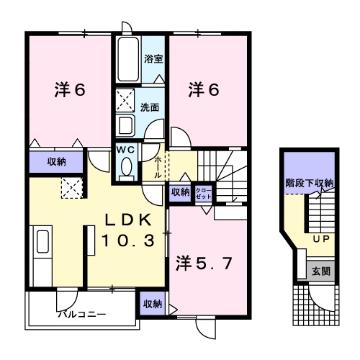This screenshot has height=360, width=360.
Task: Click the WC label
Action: click(x=127, y=149)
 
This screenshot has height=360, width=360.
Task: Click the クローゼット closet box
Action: click(x=204, y=192)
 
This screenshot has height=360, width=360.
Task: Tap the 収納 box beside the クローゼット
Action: click(x=180, y=192)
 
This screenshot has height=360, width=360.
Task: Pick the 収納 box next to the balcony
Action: click(x=152, y=304)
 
